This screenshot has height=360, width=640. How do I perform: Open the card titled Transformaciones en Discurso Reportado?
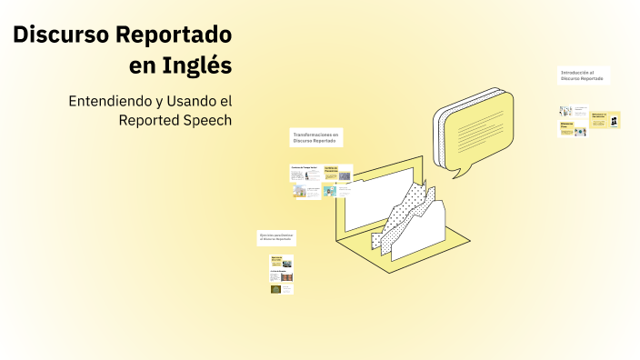[315, 137]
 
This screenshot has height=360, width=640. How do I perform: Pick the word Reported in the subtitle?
[150, 119]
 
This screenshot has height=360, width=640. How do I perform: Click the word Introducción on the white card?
[576, 72]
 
